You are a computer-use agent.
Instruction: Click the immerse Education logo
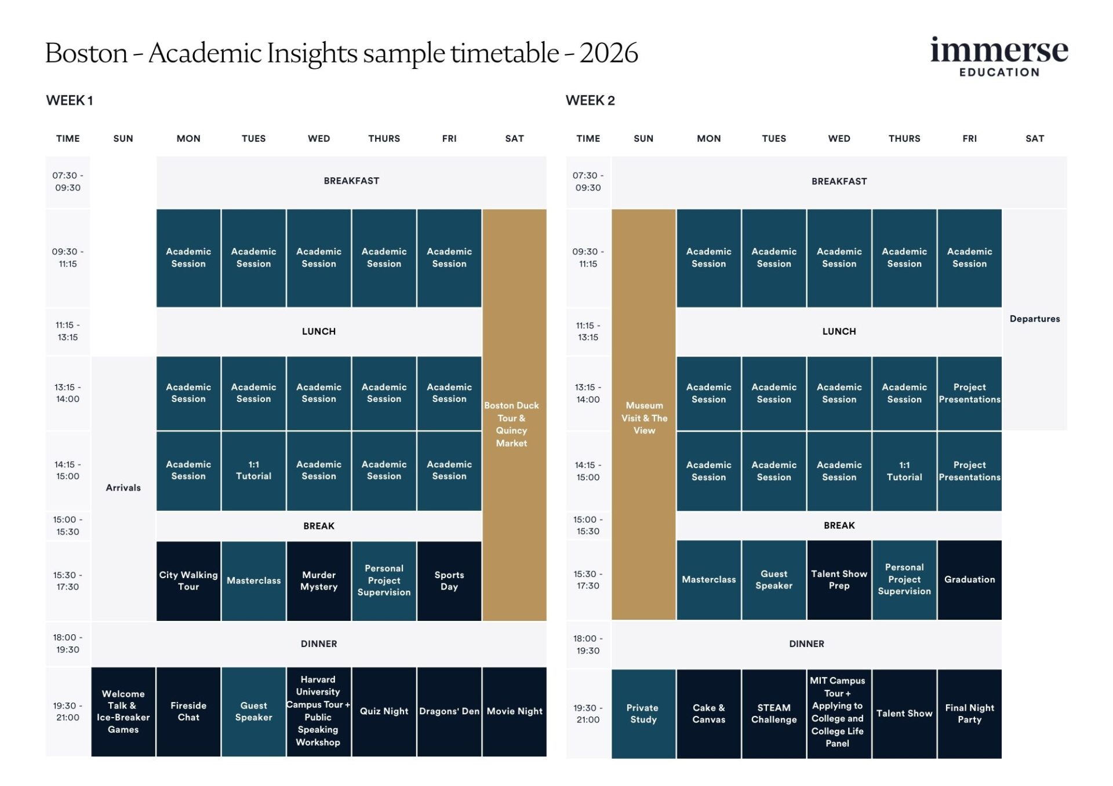tap(998, 57)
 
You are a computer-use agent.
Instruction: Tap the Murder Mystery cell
tap(319, 580)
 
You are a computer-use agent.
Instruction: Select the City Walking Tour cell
tap(188, 580)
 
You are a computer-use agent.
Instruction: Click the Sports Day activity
tap(449, 580)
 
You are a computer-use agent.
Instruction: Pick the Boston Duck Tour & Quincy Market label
tap(512, 424)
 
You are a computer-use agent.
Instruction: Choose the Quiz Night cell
tap(384, 711)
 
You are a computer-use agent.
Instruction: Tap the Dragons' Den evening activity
tap(449, 711)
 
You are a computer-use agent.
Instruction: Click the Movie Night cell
tap(515, 711)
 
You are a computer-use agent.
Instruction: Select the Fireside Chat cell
tap(188, 711)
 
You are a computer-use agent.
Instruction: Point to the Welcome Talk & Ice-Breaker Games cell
tap(123, 711)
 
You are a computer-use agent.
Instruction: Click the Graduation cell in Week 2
tap(969, 579)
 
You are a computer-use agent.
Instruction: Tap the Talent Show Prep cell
tap(839, 579)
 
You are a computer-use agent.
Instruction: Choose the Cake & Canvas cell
tap(708, 714)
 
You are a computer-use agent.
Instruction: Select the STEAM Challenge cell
tap(774, 714)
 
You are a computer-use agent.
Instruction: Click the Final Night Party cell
tap(969, 714)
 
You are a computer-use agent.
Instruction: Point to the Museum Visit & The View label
tap(644, 418)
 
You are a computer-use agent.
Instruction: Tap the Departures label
tap(1035, 319)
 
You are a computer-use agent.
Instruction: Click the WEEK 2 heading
tap(590, 100)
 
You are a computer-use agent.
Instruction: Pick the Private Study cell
tap(643, 714)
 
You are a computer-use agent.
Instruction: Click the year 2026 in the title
tap(609, 53)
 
